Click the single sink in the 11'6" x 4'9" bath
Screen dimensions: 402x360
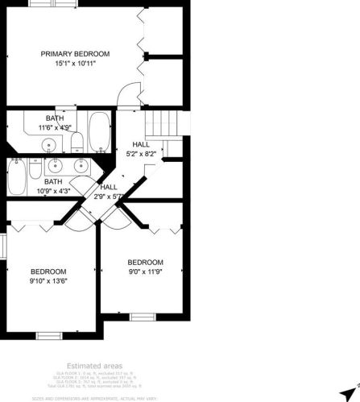(50, 146)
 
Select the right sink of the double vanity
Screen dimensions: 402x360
(80, 165)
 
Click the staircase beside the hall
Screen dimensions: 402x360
(161, 125)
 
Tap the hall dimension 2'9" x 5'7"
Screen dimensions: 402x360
(108, 196)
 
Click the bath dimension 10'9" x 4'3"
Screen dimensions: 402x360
(53, 191)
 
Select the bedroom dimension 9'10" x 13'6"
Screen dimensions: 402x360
(48, 281)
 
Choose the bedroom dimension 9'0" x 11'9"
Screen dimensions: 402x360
(145, 272)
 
